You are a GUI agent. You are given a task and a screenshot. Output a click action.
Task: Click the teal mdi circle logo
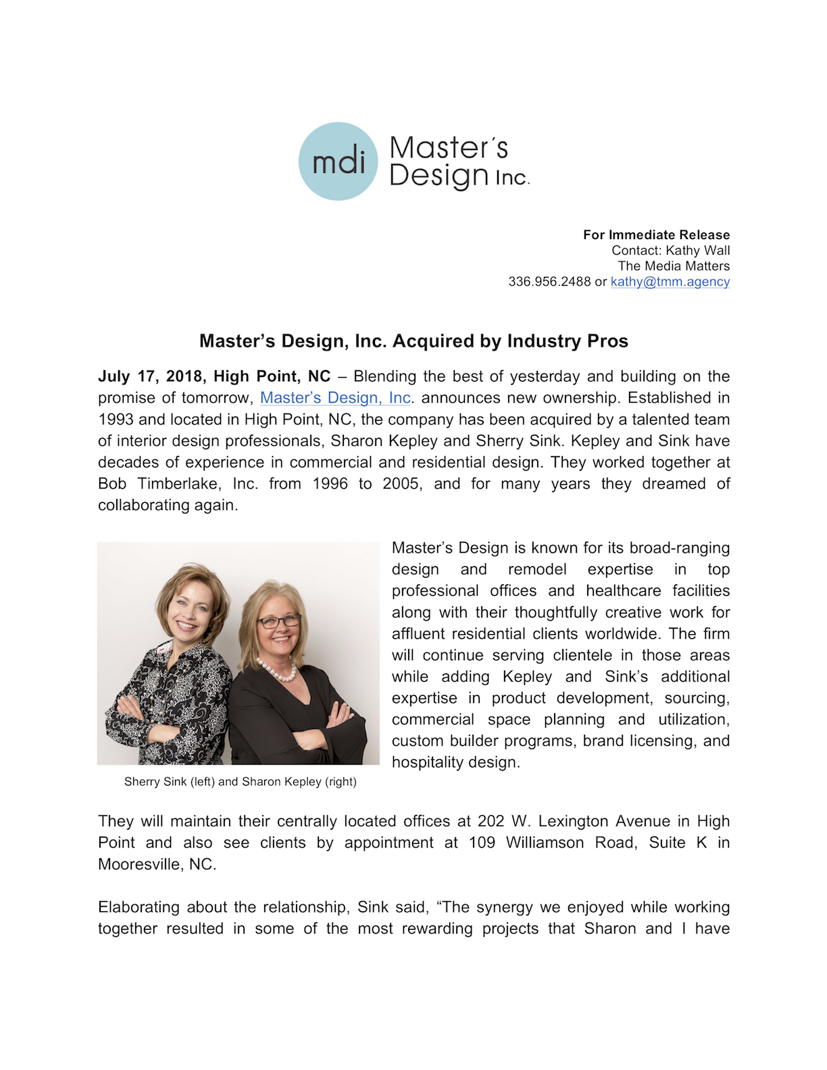click(338, 161)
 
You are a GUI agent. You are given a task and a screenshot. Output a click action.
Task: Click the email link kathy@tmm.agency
click(670, 282)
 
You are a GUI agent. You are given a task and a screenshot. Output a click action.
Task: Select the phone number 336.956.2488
click(549, 282)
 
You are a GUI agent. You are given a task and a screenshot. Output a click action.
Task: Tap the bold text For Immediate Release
click(656, 235)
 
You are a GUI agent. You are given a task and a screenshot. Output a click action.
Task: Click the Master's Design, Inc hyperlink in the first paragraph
click(335, 398)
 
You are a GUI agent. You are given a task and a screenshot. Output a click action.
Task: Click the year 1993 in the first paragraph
click(116, 419)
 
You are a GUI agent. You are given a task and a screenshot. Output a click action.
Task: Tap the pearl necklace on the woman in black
click(278, 671)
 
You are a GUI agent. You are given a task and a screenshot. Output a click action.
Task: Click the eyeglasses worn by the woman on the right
click(278, 621)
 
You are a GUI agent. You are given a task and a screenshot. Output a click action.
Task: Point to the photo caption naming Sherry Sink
click(240, 782)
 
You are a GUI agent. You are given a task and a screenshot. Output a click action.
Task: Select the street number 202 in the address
click(491, 821)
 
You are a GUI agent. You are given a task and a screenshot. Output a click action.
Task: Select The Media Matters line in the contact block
click(674, 266)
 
